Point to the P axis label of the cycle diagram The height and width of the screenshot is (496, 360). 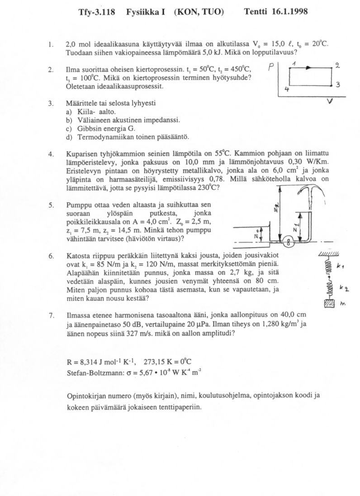pos(270,67)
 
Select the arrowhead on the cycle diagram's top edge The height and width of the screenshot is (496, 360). pos(308,68)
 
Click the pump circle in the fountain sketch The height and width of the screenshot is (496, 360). pos(286,243)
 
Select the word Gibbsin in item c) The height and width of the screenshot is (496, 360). pos(90,128)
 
